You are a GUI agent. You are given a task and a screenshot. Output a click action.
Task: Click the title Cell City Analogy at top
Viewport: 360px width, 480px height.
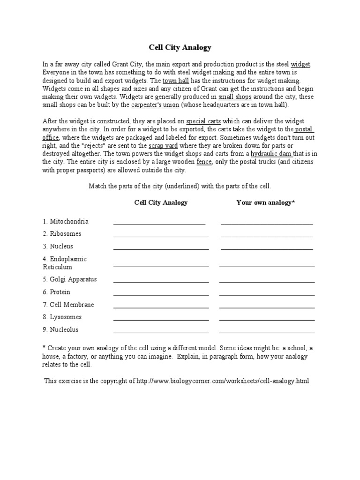click(x=180, y=47)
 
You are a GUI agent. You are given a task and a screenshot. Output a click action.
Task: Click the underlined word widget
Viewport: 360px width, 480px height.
click(x=300, y=64)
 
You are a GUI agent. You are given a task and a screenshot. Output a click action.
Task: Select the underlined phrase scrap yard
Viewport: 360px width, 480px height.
click(x=163, y=146)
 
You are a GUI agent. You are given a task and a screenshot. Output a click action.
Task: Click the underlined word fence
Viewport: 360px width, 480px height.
click(x=204, y=162)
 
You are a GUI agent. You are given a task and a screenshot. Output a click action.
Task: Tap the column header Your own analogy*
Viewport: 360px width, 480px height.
click(x=265, y=202)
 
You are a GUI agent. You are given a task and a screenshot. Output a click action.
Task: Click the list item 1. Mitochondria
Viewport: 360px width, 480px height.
click(x=66, y=221)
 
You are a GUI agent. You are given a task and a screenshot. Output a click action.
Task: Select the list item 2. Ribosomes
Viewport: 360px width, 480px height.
click(x=62, y=233)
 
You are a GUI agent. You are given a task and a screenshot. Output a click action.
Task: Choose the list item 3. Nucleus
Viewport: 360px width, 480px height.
click(x=58, y=246)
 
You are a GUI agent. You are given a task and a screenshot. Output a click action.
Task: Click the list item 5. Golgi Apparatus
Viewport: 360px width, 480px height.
click(x=70, y=279)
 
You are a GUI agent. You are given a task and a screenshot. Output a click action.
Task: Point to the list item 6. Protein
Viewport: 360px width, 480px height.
click(x=57, y=292)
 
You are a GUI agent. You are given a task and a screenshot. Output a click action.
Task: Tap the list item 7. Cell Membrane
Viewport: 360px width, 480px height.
click(x=68, y=305)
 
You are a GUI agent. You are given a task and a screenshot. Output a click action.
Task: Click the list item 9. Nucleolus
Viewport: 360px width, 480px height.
click(x=61, y=330)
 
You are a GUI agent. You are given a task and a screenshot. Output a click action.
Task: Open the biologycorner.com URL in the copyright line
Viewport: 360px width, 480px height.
click(x=222, y=381)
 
